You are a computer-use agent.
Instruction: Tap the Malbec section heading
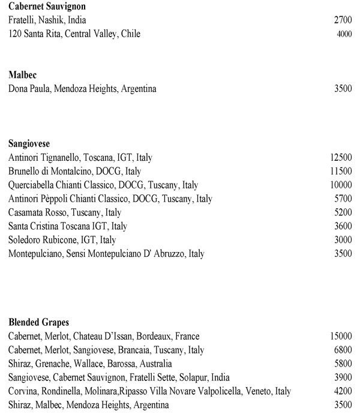(23, 76)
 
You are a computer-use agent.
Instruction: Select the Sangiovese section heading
(29, 144)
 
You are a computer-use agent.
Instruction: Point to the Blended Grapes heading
(39, 323)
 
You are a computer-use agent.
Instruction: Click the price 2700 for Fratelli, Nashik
(343, 20)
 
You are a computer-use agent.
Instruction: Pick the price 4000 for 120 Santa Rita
(344, 34)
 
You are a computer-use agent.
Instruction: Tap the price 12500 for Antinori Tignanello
(341, 158)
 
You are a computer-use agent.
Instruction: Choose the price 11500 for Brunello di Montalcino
(341, 172)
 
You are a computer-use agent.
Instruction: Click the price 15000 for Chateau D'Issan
(341, 337)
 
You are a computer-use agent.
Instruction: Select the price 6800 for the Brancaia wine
(343, 350)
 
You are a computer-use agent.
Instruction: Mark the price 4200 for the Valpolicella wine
(343, 392)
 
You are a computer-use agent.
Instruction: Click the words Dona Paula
(28, 89)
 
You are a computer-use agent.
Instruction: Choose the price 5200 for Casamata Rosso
(343, 213)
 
